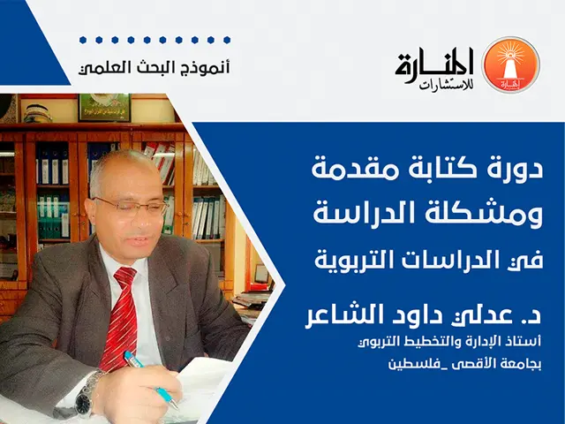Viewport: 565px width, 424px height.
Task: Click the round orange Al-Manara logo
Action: pyautogui.click(x=509, y=64)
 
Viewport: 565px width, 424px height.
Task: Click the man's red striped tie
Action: pyautogui.click(x=119, y=318)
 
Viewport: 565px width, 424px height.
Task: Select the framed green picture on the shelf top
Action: pyautogui.click(x=104, y=107)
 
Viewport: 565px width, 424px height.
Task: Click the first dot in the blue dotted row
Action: pyautogui.click(x=81, y=40)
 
